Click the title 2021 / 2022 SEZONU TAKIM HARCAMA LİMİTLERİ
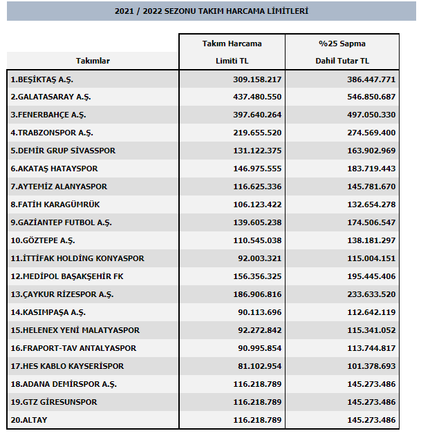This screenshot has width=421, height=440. tap(210, 12)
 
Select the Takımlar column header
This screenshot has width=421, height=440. tap(93, 61)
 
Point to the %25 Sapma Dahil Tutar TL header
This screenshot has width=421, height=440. tap(343, 52)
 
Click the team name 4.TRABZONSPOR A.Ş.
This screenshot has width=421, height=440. tap(52, 133)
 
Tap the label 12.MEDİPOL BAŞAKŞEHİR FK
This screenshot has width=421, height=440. tap(68, 276)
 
